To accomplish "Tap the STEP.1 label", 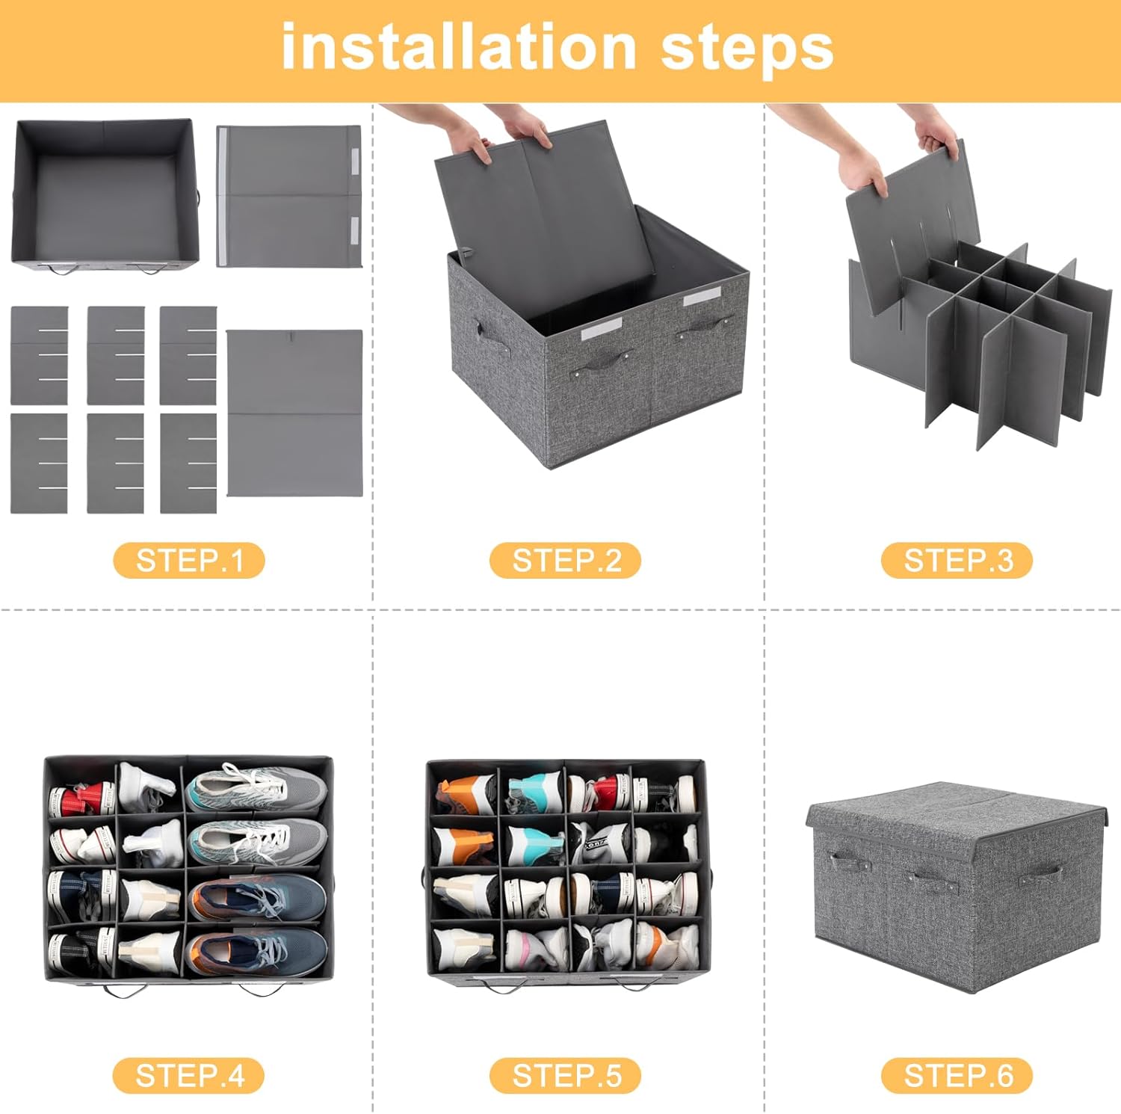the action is (189, 561).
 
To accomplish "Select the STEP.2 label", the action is (566, 561).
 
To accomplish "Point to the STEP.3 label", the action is (957, 561).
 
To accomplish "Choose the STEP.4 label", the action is (189, 1076).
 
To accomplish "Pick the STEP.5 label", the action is (566, 1076).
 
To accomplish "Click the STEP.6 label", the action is (957, 1076).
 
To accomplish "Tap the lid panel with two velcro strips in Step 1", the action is (289, 196).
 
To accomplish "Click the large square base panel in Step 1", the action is (294, 413).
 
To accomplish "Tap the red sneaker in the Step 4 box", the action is (81, 798).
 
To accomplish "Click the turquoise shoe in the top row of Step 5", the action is (535, 791).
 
